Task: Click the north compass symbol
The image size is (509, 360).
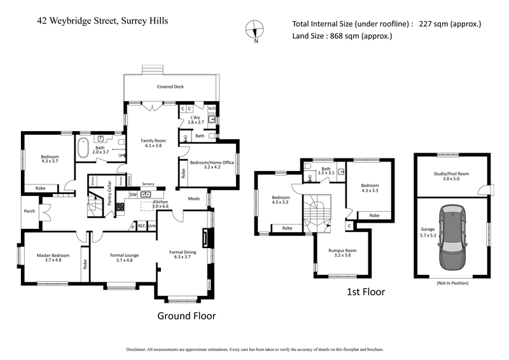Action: coord(254,30)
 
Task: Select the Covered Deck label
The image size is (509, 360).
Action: coord(171,87)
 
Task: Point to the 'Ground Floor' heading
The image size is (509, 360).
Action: coord(186,315)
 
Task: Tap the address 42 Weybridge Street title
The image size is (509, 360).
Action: coord(102,20)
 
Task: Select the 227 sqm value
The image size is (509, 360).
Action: coord(450,24)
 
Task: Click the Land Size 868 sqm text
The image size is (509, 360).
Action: coord(342,36)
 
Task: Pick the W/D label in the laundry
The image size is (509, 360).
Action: coord(212,108)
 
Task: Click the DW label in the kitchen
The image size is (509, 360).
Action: coord(133,195)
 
